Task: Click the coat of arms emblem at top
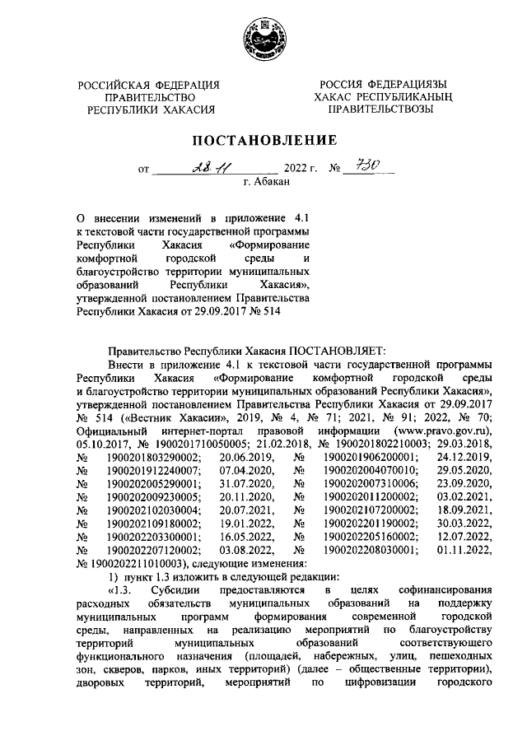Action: (x=263, y=39)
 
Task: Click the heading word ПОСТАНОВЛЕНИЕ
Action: (x=263, y=139)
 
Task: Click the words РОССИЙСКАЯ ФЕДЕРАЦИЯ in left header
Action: (x=150, y=84)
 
